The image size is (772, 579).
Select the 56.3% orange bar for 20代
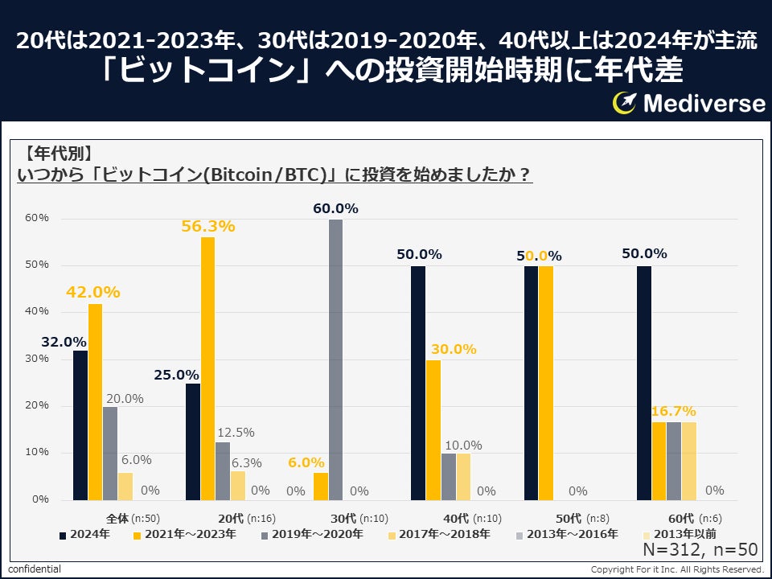pos(207,368)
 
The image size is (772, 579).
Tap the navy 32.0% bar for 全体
pos(80,425)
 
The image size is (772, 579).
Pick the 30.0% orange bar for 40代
pos(433,429)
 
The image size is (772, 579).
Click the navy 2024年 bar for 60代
pos(643,383)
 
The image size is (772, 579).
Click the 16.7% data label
pos(674,411)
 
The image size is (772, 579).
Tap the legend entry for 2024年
pos(84,533)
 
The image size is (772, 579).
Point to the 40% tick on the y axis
pos(37,312)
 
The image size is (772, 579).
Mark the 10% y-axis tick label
pos(37,453)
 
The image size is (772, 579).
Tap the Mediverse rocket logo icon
pos(625,102)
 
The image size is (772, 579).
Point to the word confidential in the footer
pos(35,569)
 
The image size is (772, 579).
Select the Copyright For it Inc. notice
pos(676,569)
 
